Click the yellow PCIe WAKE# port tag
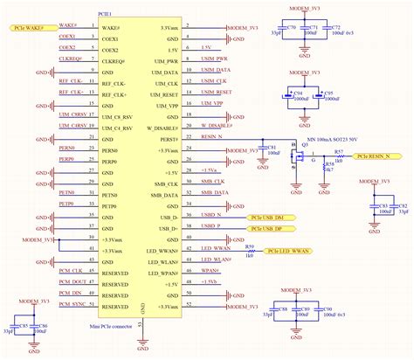pyautogui.click(x=26, y=27)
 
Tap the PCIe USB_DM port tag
pyautogui.click(x=278, y=217)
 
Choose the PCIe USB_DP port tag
pyautogui.click(x=278, y=228)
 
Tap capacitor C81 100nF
pyautogui.click(x=262, y=154)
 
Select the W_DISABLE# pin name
pyautogui.click(x=161, y=127)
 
